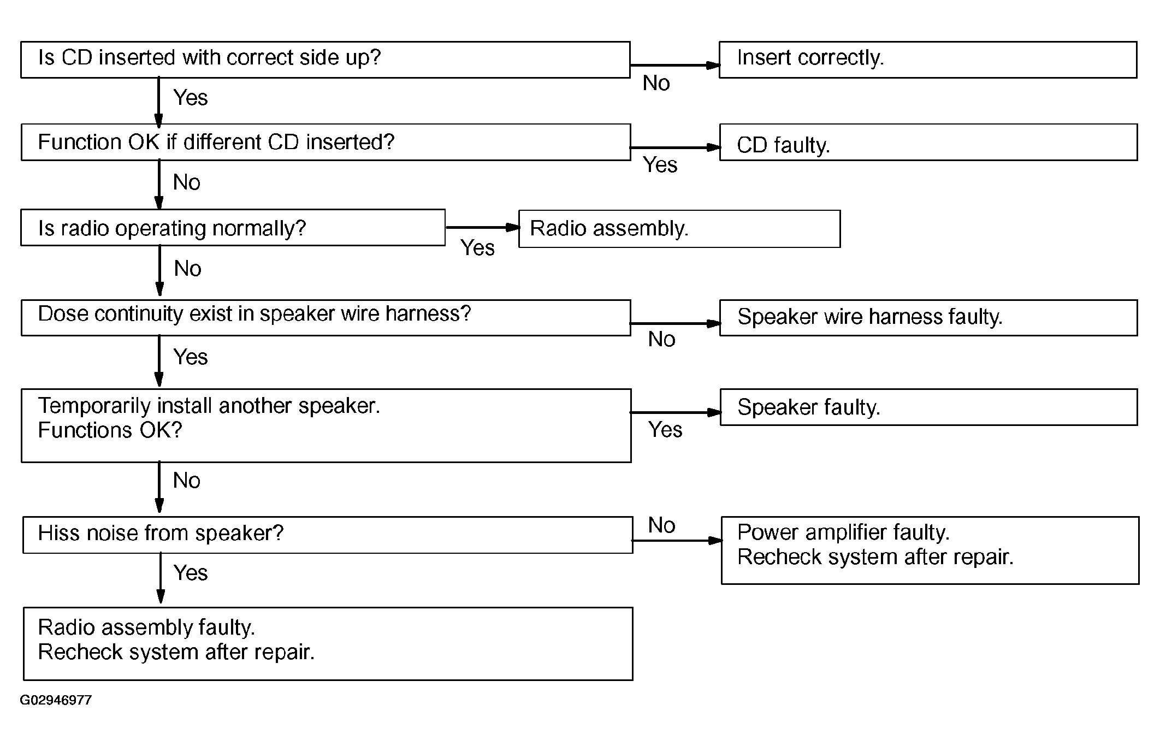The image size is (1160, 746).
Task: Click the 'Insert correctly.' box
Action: pyautogui.click(x=928, y=60)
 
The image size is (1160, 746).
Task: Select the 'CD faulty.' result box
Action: pyautogui.click(x=928, y=142)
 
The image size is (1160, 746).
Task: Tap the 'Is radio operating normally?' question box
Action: pyautogui.click(x=233, y=227)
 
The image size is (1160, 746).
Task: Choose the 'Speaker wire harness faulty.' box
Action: pyautogui.click(x=928, y=317)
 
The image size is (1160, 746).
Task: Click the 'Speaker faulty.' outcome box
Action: pyautogui.click(x=928, y=407)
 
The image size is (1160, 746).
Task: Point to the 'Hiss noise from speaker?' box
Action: pyautogui.click(x=328, y=535)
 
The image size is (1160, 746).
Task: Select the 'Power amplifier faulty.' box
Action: pyautogui.click(x=930, y=550)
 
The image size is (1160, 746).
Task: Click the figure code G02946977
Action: pyautogui.click(x=56, y=700)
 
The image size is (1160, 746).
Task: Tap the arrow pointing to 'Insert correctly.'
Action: pyautogui.click(x=675, y=65)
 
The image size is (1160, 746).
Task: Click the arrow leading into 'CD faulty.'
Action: pyautogui.click(x=675, y=147)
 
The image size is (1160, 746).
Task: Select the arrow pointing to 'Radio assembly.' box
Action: pyautogui.click(x=482, y=227)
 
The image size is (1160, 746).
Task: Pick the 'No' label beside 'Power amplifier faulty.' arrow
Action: pyautogui.click(x=661, y=525)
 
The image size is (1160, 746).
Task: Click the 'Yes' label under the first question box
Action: pyautogui.click(x=191, y=98)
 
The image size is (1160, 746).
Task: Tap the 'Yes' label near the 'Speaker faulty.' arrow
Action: pyautogui.click(x=665, y=430)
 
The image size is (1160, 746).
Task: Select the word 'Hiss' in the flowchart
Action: pyautogui.click(x=55, y=532)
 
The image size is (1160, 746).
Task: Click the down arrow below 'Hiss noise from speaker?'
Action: pyautogui.click(x=161, y=578)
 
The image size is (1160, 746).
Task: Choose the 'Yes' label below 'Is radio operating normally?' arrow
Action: pyautogui.click(x=477, y=248)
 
